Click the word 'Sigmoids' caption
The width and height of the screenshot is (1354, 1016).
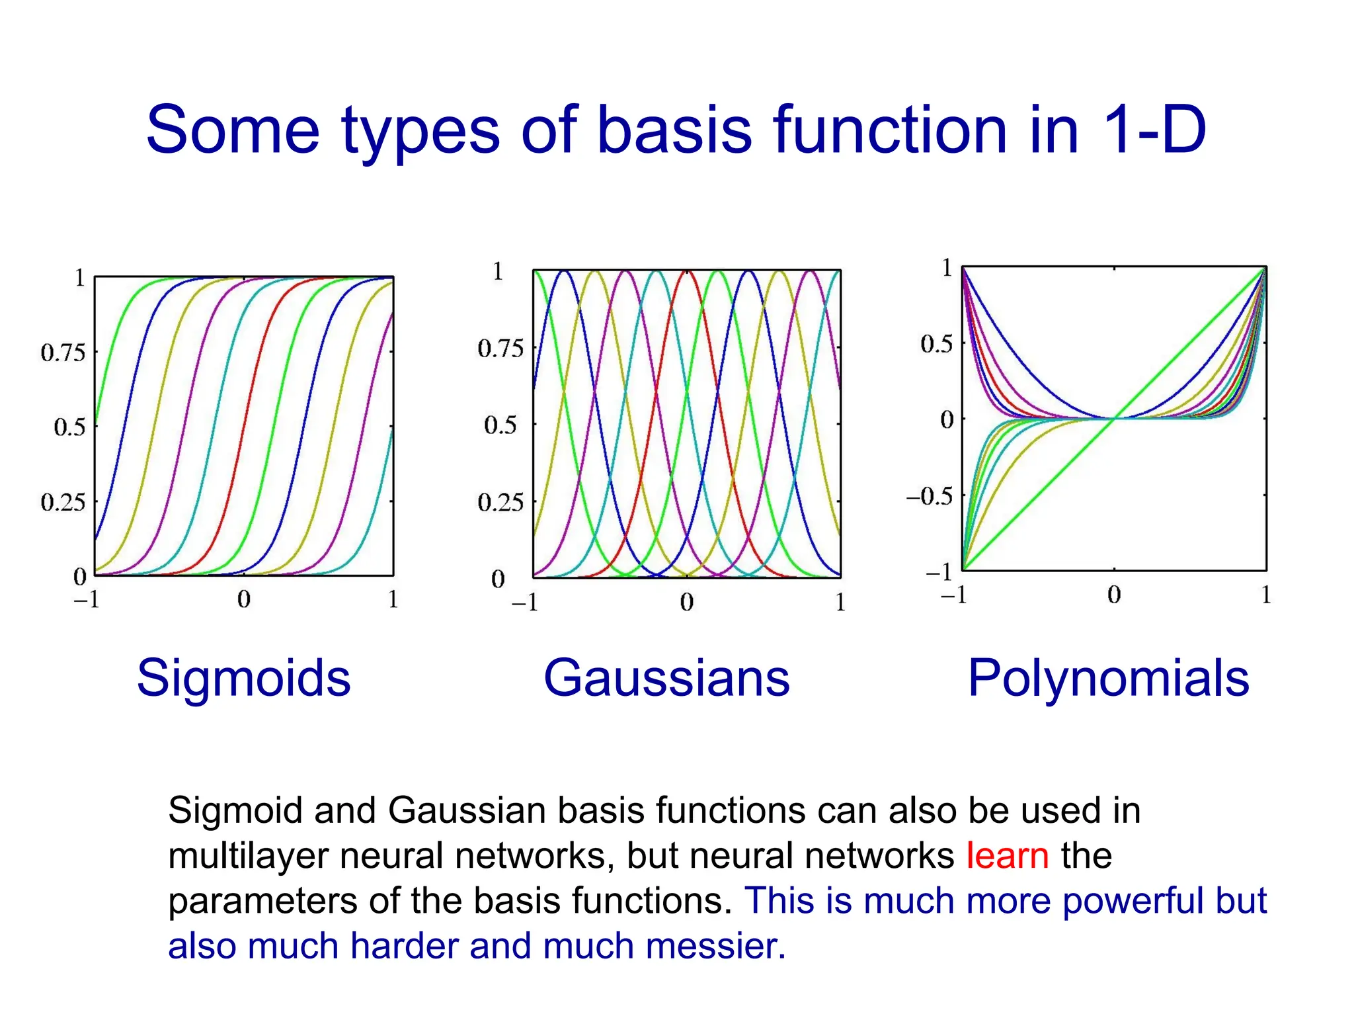coord(243,678)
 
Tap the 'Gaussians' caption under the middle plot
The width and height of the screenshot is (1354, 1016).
coord(666,678)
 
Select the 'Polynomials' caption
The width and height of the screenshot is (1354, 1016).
coord(1108,678)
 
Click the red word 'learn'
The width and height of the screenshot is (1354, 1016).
coord(1007,855)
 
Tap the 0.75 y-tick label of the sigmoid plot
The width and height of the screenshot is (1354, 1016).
coord(63,353)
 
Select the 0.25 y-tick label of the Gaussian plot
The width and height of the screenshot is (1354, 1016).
coord(500,503)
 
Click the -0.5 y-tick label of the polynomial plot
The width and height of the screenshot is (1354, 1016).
coord(930,496)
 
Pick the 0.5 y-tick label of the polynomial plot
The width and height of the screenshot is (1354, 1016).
coord(936,344)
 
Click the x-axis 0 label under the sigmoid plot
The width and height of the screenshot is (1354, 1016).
coord(244,599)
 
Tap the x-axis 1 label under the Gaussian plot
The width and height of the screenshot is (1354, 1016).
coord(840,602)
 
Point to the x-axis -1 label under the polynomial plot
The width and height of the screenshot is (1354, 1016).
coord(953,595)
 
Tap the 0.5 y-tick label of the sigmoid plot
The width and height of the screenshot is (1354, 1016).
coord(69,427)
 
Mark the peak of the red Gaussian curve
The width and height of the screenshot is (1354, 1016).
coord(687,271)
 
